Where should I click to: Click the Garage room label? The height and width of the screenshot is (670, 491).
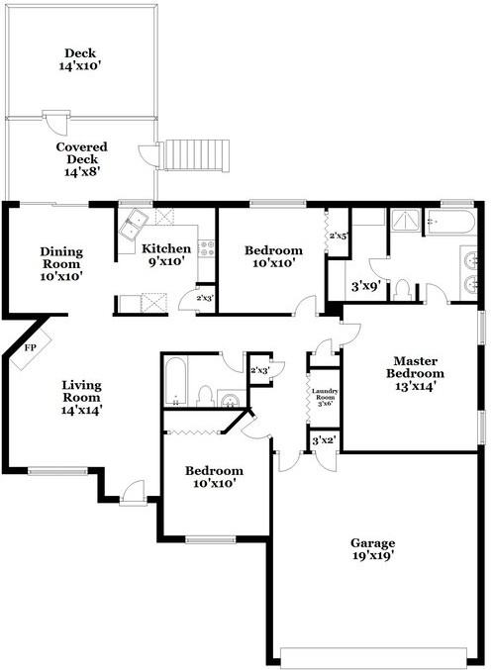pyautogui.click(x=372, y=550)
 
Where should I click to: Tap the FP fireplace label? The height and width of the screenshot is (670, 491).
pyautogui.click(x=30, y=348)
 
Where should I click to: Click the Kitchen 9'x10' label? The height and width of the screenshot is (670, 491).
pyautogui.click(x=165, y=255)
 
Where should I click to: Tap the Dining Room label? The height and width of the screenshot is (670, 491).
pyautogui.click(x=61, y=264)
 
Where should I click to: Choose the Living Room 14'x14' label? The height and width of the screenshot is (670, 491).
pyautogui.click(x=83, y=396)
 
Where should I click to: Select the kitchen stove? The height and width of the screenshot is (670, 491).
pyautogui.click(x=207, y=248)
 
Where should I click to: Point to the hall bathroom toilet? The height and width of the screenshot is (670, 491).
pyautogui.click(x=205, y=396)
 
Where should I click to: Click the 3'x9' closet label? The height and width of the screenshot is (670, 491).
pyautogui.click(x=367, y=289)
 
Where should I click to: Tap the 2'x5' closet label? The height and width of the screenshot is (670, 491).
pyautogui.click(x=337, y=236)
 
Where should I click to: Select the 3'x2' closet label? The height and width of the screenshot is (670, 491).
pyautogui.click(x=324, y=440)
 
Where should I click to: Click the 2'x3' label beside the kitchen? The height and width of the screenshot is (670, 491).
pyautogui.click(x=205, y=297)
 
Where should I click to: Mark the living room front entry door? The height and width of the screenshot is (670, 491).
pyautogui.click(x=133, y=489)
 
